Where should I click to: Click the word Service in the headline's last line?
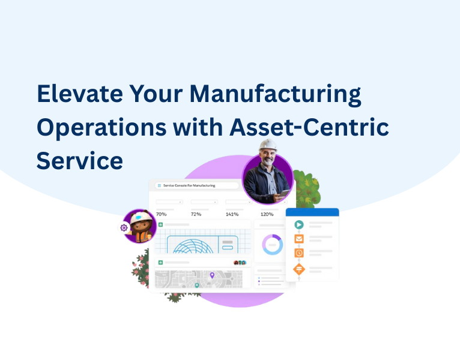[79, 160]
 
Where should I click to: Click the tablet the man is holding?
[285, 193]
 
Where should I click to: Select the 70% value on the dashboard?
[162, 214]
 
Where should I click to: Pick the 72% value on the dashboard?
[196, 214]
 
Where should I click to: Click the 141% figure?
[232, 214]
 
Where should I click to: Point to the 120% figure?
[267, 214]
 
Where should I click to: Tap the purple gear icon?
[124, 227]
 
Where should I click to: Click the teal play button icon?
[298, 225]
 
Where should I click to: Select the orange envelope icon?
[298, 239]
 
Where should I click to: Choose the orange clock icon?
[298, 253]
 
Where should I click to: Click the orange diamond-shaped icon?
[298, 269]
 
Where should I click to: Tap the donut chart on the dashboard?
[272, 244]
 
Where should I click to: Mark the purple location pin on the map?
[212, 275]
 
